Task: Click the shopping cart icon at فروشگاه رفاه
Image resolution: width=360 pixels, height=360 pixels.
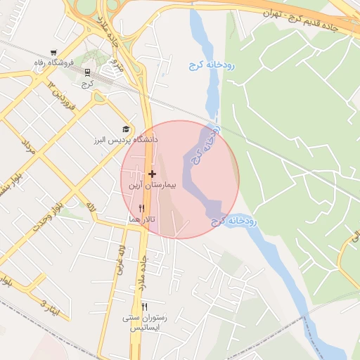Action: pyautogui.click(x=53, y=53)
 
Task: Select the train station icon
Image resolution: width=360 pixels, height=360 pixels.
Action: pyautogui.click(x=87, y=72)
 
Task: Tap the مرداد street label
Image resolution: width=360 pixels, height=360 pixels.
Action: pyautogui.click(x=27, y=148)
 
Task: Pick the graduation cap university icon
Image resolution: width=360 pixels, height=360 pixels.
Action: pyautogui.click(x=126, y=129)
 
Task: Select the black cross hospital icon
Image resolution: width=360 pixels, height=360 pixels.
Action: pyautogui.click(x=152, y=173)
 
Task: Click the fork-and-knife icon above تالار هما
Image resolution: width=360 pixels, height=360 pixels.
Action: pyautogui.click(x=142, y=208)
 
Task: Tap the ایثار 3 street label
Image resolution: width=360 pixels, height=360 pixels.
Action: pyautogui.click(x=51, y=307)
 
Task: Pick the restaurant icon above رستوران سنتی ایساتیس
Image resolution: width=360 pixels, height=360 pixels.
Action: pyautogui.click(x=144, y=307)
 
